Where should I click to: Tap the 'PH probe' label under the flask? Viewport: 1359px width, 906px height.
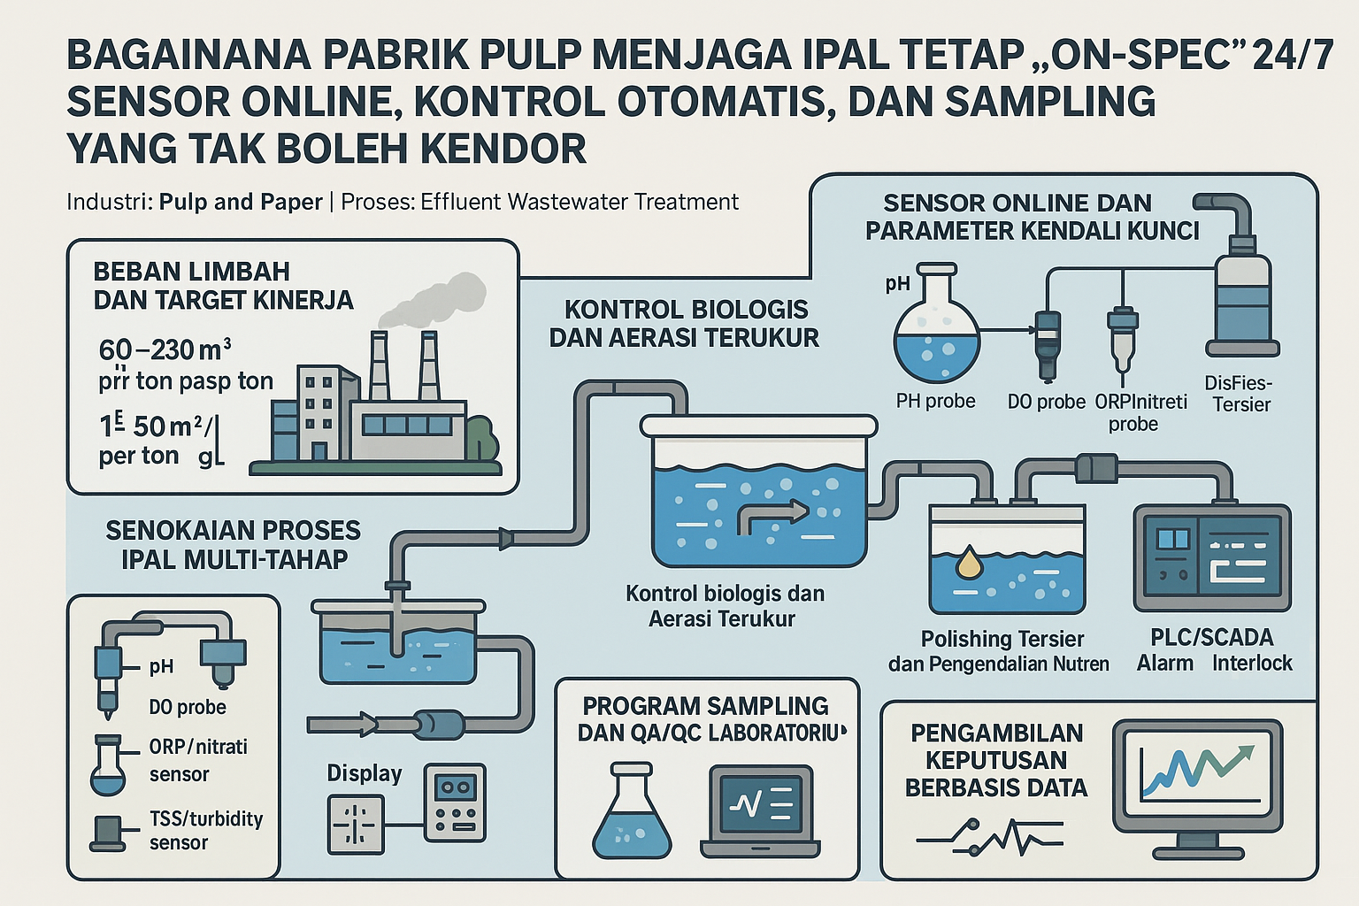pos(935,401)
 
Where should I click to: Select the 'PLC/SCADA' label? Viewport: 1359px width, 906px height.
pos(1211,637)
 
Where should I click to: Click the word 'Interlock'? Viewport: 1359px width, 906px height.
pos(1252,663)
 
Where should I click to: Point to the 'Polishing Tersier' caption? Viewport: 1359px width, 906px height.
pos(1002,639)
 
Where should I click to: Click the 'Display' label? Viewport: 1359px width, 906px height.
pos(365,773)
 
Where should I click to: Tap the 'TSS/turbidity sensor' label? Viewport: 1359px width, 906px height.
pos(206,830)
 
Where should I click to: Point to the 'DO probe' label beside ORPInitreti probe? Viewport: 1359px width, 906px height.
pos(1046,402)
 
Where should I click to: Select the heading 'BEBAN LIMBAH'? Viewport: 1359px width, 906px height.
pos(191,272)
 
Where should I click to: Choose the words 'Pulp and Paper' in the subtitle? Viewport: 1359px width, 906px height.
pos(241,202)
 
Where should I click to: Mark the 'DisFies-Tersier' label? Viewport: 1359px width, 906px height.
pos(1240,394)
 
